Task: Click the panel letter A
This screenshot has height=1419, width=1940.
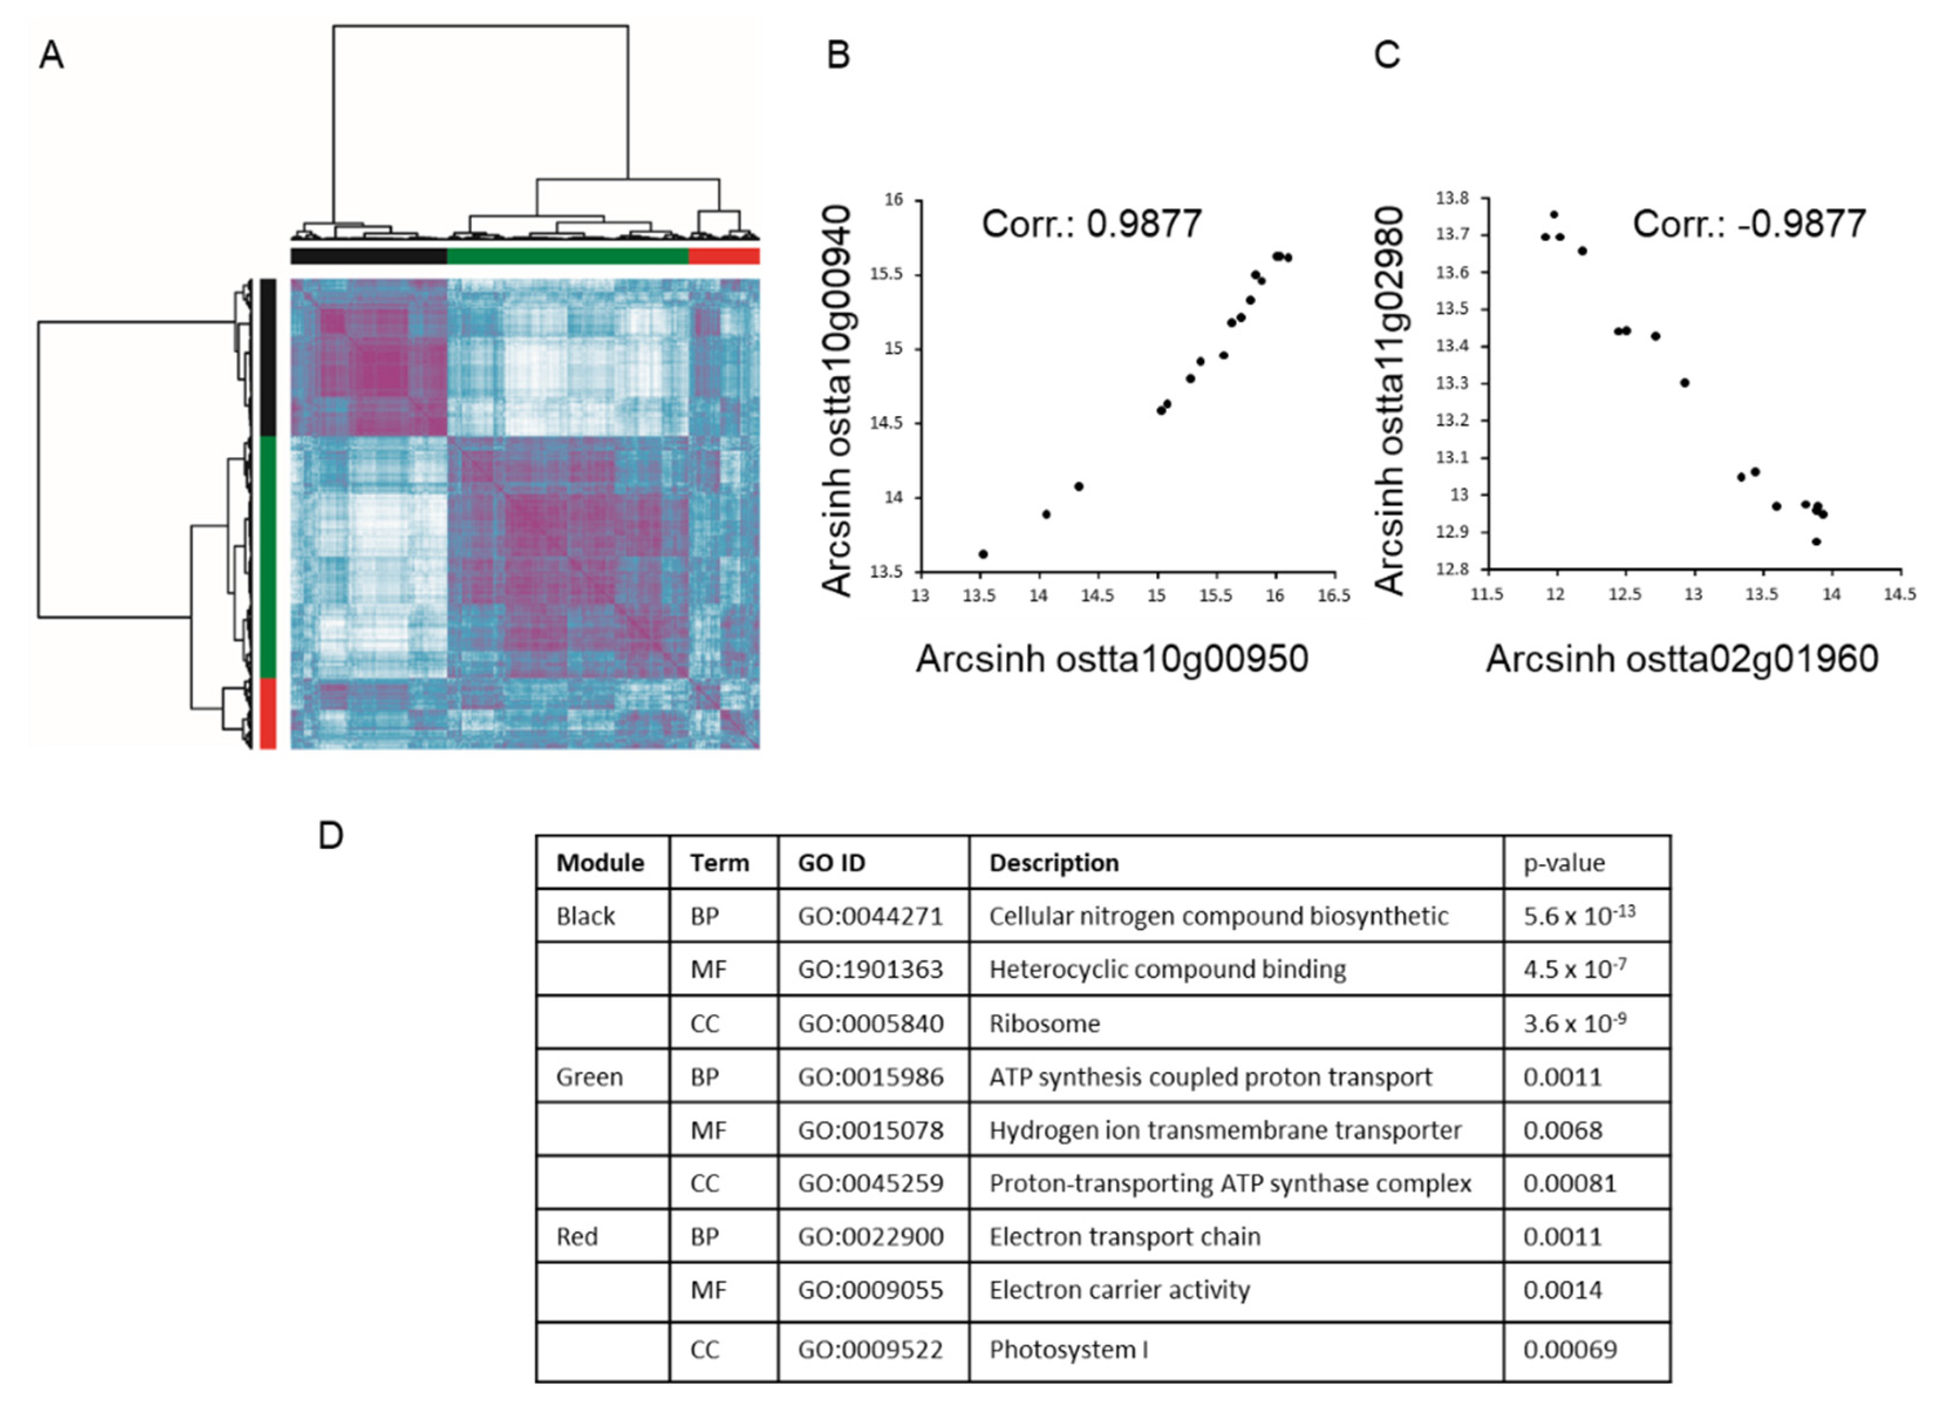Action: click(x=52, y=55)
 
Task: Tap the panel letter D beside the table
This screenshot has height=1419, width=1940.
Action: click(x=330, y=835)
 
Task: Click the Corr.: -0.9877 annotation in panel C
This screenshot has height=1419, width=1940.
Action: click(x=1748, y=224)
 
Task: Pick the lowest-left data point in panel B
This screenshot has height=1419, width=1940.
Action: click(x=983, y=554)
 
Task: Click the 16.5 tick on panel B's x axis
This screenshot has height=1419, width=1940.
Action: click(x=1334, y=596)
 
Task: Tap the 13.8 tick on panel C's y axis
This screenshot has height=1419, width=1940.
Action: click(x=1452, y=199)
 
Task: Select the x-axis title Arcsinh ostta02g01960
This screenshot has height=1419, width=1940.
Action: click(x=1682, y=659)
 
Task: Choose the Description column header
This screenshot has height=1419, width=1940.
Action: click(x=1053, y=862)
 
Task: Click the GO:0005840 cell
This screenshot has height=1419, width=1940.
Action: click(x=870, y=1023)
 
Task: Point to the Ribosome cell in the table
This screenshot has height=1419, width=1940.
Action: click(x=1044, y=1023)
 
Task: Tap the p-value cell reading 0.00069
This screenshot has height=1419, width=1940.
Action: click(x=1570, y=1349)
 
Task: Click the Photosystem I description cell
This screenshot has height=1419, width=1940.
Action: click(x=1068, y=1349)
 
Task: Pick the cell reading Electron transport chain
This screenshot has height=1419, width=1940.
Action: click(x=1124, y=1236)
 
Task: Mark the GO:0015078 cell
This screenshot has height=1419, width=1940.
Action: click(x=870, y=1130)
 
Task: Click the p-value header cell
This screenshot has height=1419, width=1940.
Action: click(x=1564, y=862)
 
